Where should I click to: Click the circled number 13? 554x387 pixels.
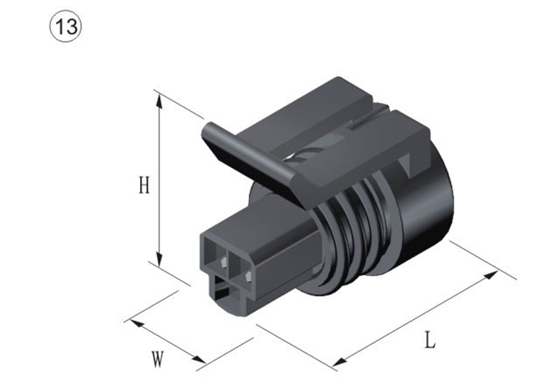point(66,26)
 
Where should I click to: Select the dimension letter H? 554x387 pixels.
point(144,185)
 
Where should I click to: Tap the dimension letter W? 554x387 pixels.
point(157,359)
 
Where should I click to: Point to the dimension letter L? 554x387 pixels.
point(429,340)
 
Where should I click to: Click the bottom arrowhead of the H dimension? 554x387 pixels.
point(160,261)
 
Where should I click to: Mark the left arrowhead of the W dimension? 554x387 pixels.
point(137,323)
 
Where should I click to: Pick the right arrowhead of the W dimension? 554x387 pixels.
point(198,359)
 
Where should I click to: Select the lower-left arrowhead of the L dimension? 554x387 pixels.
point(340,362)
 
